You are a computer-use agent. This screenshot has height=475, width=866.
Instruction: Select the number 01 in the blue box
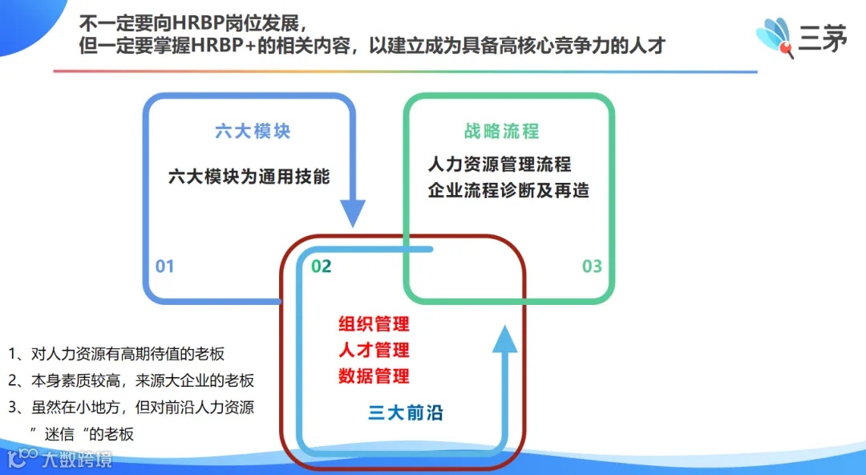[164, 266]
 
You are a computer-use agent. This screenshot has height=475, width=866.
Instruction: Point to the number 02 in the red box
[321, 266]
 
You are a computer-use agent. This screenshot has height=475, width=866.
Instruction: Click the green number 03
[592, 266]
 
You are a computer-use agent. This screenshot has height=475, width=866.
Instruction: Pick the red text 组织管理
[374, 324]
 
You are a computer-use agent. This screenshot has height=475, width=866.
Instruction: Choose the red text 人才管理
[374, 350]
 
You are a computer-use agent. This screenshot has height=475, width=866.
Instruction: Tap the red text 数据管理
[374, 376]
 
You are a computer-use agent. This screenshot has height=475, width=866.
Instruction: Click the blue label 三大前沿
[406, 414]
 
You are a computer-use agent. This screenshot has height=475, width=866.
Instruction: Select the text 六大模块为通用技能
[249, 177]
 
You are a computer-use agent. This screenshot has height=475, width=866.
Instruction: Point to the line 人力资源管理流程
[500, 164]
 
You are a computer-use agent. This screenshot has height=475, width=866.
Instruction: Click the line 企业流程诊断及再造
[508, 191]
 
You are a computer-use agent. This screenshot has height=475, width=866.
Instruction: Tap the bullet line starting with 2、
[132, 380]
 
